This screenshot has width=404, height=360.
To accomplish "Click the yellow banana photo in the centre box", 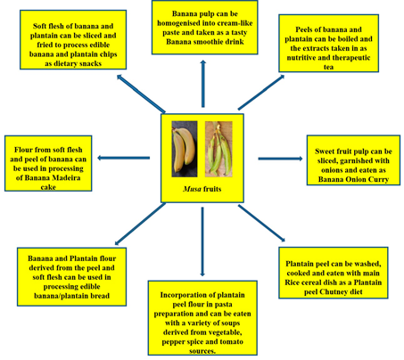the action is pyautogui.click(x=185, y=149).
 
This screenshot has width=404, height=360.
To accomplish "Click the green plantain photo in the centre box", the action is pyautogui.click(x=218, y=149).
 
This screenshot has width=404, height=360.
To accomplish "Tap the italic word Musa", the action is pyautogui.click(x=192, y=189).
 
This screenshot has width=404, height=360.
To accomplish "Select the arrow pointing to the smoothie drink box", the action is pyautogui.click(x=203, y=84).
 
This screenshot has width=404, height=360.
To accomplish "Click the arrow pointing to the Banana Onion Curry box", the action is pyautogui.click(x=280, y=159).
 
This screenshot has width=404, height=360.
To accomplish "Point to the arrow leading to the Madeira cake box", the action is pyautogui.click(x=124, y=158).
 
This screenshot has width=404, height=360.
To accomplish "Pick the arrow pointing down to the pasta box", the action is pyautogui.click(x=202, y=241).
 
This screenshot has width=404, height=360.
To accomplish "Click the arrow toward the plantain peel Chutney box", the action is pyautogui.click(x=261, y=223).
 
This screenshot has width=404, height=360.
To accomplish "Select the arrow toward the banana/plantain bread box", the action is pyautogui.click(x=140, y=225).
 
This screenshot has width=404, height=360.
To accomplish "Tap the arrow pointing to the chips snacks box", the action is pyautogui.click(x=141, y=94).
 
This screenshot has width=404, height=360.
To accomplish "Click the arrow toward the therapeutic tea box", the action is pyautogui.click(x=261, y=93).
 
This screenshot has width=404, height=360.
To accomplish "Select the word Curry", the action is pyautogui.click(x=378, y=179).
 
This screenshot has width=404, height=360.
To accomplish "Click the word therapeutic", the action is pyautogui.click(x=351, y=58).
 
